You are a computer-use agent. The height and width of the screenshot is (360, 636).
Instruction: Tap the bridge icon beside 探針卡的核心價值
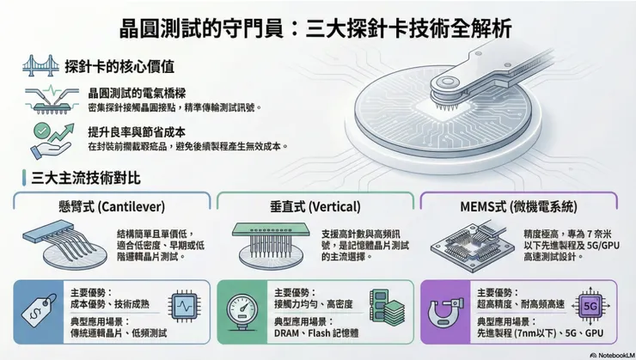click(36, 65)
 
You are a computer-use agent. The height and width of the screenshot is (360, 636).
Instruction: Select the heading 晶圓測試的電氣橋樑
click(139, 92)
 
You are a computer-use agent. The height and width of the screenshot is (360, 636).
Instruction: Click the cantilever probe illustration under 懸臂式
click(58, 245)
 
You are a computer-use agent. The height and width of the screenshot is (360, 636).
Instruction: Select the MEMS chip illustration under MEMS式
click(469, 244)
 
